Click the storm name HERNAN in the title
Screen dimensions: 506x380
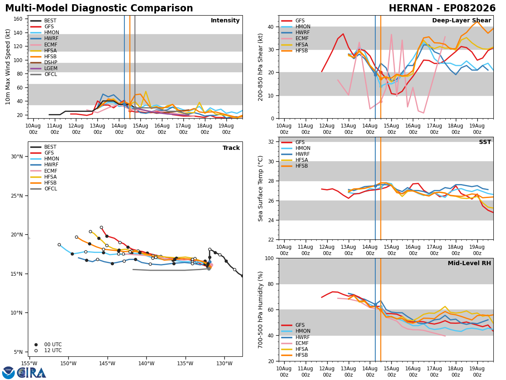(x=411, y=8)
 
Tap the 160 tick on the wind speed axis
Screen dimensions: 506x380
(x=18, y=19)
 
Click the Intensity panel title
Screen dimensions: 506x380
(x=225, y=21)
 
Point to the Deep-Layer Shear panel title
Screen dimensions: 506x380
(x=461, y=21)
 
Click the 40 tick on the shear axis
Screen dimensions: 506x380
(x=271, y=27)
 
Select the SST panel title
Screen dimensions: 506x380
(x=485, y=142)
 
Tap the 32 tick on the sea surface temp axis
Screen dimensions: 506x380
(x=271, y=142)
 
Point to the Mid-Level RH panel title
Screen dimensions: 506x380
(x=469, y=263)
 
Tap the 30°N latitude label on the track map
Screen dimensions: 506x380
(x=17, y=157)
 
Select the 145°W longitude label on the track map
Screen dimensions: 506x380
(x=108, y=364)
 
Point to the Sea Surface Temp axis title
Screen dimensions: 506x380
(x=260, y=189)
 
